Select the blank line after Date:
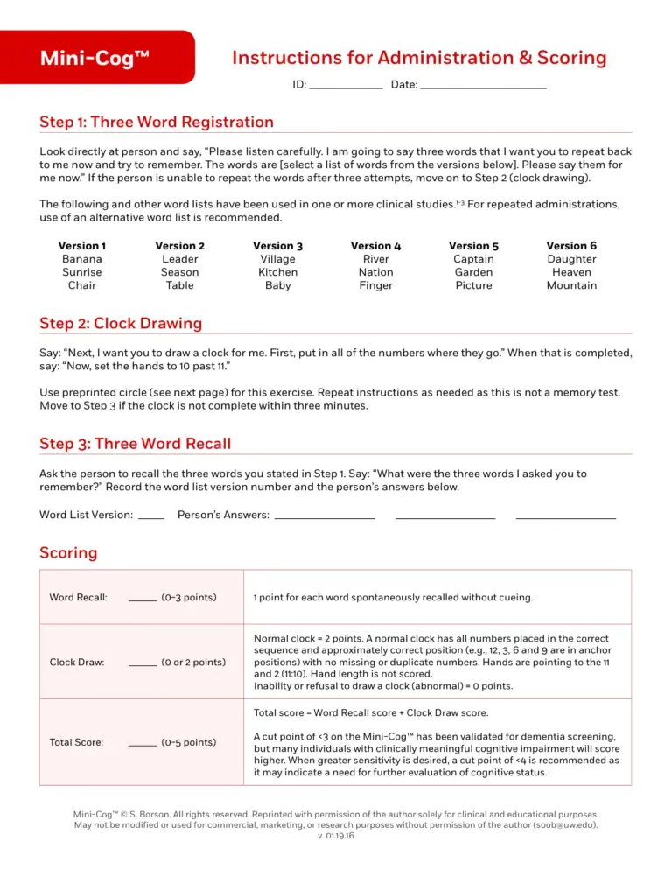483,87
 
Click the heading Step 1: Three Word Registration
157,123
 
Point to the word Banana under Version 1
82,259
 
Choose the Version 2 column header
180,246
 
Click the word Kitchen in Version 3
278,272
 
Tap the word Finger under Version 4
376,285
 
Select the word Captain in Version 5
474,259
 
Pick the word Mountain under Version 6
572,285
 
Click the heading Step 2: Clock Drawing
121,324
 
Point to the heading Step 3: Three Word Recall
136,444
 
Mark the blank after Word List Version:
151,516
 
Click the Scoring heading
68,553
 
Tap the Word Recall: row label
79,598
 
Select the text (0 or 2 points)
193,663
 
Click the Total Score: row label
77,742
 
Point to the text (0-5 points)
189,742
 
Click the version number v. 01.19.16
336,835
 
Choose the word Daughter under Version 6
572,259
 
